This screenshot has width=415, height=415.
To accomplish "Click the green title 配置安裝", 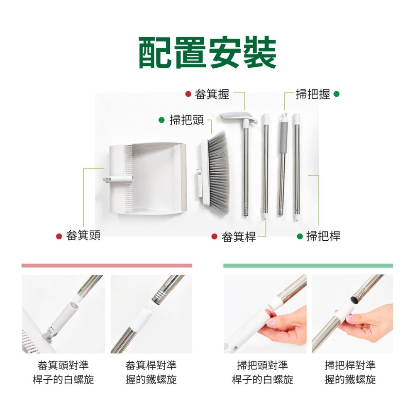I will coord(207,53).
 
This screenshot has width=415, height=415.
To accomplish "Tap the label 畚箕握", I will coord(212,95).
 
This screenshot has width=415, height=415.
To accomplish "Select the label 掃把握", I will coord(312,95).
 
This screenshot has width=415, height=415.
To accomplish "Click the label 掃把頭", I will coord(187,120).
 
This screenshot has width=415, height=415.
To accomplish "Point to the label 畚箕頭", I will coord(83,236).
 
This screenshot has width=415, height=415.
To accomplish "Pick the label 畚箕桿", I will coord(239,237).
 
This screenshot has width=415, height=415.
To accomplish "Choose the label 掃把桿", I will coord(323,236).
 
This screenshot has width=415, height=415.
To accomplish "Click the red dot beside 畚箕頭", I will coord(59,236).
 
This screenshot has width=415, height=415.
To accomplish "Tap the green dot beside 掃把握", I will coord(336,94).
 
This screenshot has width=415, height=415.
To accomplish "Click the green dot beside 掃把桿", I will coord(300,237).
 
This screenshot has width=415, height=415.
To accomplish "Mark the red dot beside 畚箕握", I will coord(188,95).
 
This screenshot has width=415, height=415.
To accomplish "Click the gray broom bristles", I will coord(219,170).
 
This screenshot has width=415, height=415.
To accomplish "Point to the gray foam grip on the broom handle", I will coord(283,137).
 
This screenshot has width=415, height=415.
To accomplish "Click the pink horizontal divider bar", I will coord(107,265).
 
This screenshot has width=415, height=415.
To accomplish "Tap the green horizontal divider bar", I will coord(308,265).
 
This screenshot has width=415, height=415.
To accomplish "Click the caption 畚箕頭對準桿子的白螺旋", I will coord(63,372).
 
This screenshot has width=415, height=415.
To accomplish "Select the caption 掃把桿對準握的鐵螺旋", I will coord(350,372).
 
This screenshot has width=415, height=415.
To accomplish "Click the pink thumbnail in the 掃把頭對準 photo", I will coord(271,322).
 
